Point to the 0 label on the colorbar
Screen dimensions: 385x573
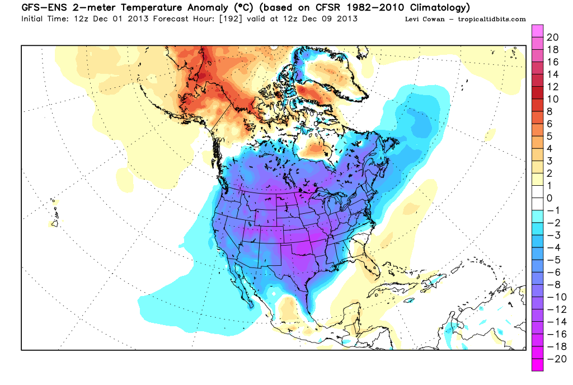tap(549, 198)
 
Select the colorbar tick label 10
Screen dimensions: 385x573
tap(553, 99)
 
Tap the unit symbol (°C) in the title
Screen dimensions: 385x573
tap(235, 8)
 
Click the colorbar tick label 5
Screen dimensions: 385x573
tap(549, 136)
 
